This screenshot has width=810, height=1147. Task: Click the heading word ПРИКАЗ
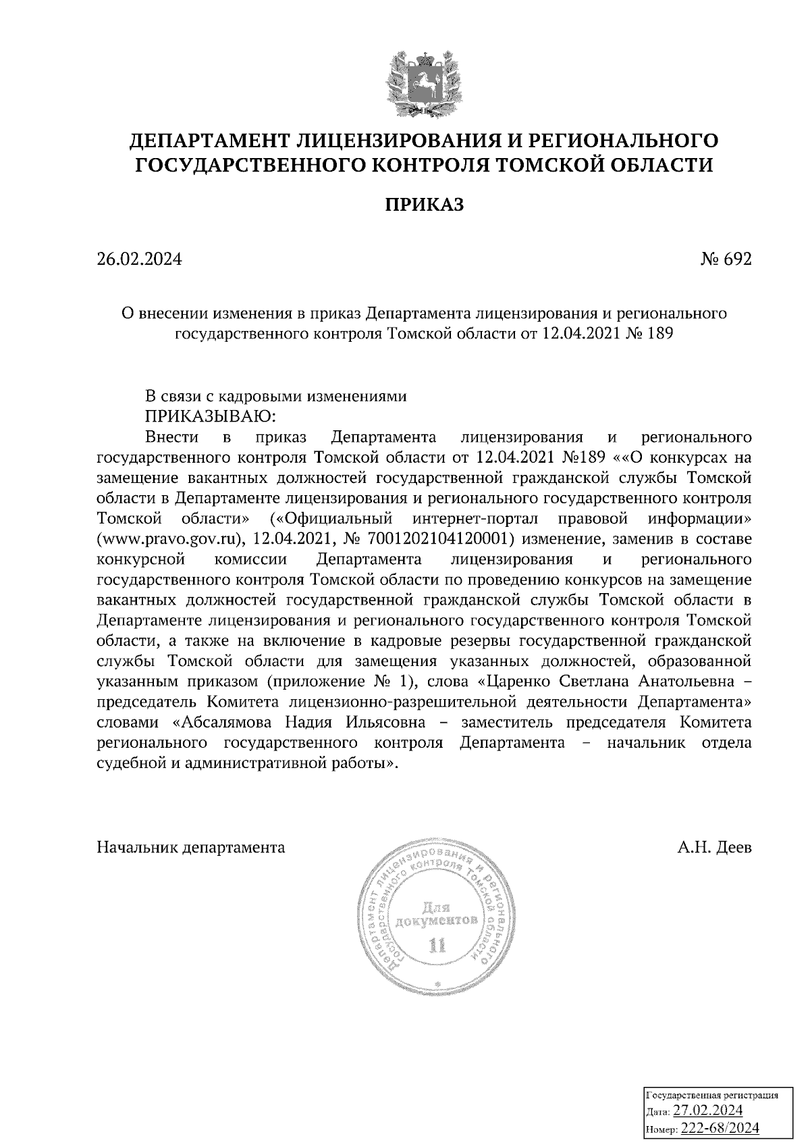425,204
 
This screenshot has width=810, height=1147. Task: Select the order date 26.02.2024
140,259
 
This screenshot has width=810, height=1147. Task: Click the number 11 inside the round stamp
438,944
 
